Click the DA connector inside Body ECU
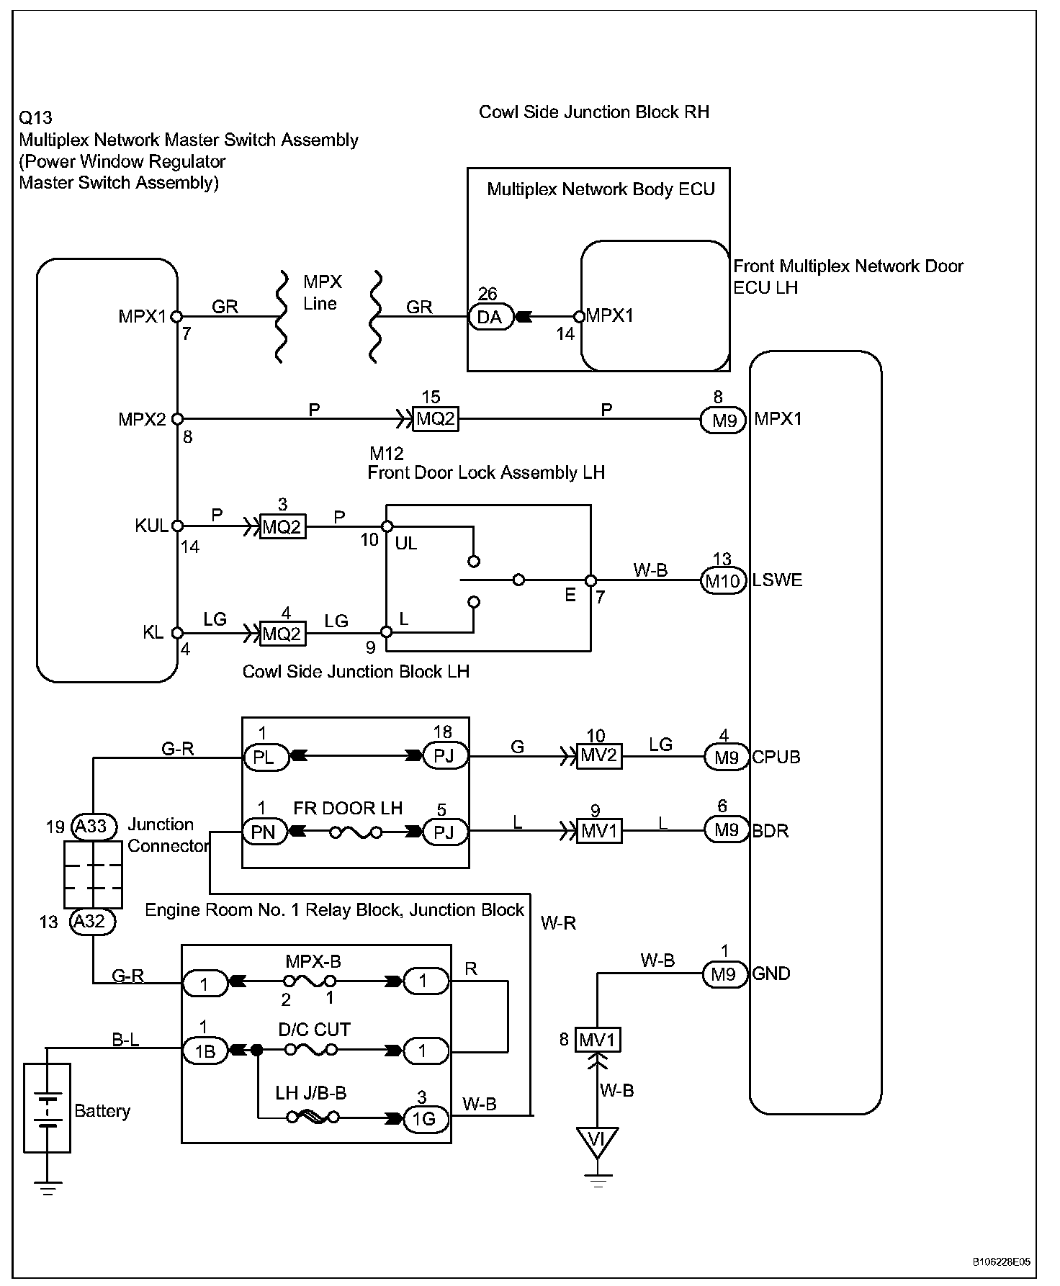pyautogui.click(x=491, y=317)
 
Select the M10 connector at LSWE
pyautogui.click(x=723, y=580)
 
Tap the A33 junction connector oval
pyautogui.click(x=91, y=827)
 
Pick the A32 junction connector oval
pyautogui.click(x=91, y=922)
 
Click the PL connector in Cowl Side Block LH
pyautogui.click(x=264, y=757)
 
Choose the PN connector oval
pyautogui.click(x=264, y=832)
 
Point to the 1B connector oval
pyautogui.click(x=205, y=1051)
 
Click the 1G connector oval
pyautogui.click(x=425, y=1119)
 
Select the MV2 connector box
pyautogui.click(x=599, y=757)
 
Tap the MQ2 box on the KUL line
pyautogui.click(x=282, y=527)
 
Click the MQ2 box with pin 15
pyautogui.click(x=436, y=418)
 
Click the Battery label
pyautogui.click(x=102, y=1111)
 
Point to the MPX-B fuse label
pyautogui.click(x=313, y=961)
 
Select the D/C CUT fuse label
pyautogui.click(x=314, y=1030)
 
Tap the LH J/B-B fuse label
pyautogui.click(x=311, y=1094)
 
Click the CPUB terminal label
pyautogui.click(x=776, y=757)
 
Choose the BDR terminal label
pyautogui.click(x=771, y=831)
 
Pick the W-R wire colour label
pyautogui.click(x=558, y=923)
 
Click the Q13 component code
pyautogui.click(x=36, y=117)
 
